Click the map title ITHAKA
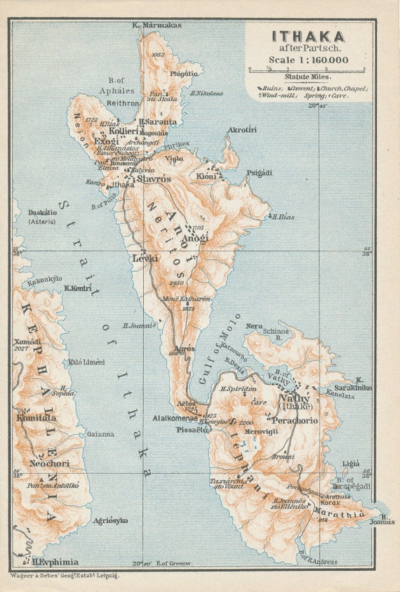[308, 37]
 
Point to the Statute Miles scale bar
[307, 69]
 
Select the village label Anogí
[194, 238]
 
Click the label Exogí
[106, 140]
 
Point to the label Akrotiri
[242, 130]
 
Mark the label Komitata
[36, 418]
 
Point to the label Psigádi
[259, 172]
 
